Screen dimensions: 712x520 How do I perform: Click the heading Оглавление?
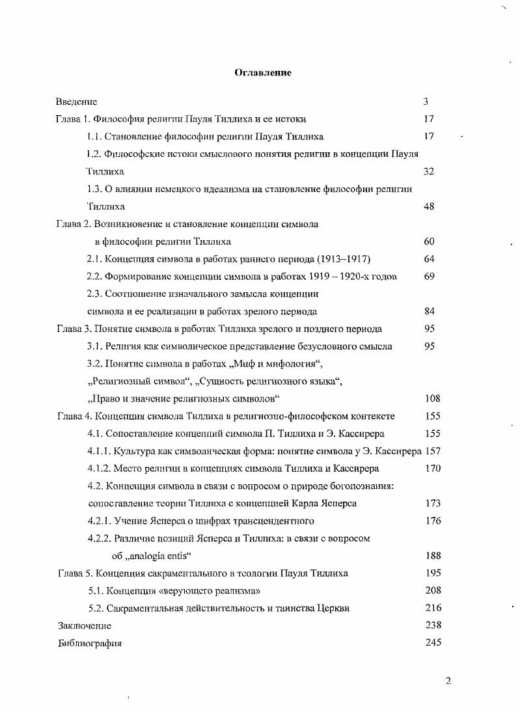pos(263,73)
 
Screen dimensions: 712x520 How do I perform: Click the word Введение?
pos(76,102)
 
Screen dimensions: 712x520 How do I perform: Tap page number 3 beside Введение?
pos(426,102)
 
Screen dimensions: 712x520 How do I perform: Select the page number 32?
pos(429,172)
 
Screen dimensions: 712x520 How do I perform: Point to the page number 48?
pos(429,207)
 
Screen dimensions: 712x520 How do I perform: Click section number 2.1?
pos(95,259)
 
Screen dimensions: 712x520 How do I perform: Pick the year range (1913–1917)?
pos(340,259)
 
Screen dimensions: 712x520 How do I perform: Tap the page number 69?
pos(429,277)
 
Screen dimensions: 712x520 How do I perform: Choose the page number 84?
pos(429,312)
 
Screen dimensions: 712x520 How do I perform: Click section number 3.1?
pos(95,347)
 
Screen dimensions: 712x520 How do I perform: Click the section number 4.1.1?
pos(98,451)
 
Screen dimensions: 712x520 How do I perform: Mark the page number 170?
pos(432,469)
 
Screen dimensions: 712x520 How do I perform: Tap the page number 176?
pos(432,521)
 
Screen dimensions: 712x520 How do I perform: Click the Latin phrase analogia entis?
pos(157,556)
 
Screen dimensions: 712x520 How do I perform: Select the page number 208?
pos(432,591)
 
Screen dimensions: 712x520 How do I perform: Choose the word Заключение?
pos(85,626)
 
